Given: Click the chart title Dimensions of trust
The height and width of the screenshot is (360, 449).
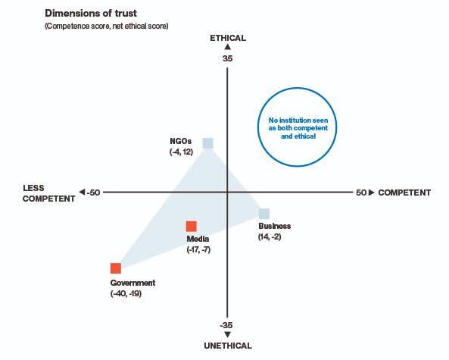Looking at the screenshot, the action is click(x=91, y=13).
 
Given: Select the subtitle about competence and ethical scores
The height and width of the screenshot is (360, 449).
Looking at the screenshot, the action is click(x=107, y=26).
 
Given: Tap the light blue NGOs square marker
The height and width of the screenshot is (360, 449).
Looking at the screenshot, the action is click(x=208, y=143).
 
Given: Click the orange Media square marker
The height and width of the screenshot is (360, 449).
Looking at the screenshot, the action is click(x=192, y=227).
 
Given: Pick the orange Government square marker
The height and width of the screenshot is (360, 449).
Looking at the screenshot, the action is click(x=116, y=268).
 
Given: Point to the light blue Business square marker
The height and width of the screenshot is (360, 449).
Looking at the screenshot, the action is click(x=264, y=214).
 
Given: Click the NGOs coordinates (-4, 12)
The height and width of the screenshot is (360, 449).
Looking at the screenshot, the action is click(x=181, y=152).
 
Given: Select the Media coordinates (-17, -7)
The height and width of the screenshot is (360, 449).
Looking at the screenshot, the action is click(x=198, y=249).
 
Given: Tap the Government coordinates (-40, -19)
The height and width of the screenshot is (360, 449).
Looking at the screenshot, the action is click(x=126, y=294).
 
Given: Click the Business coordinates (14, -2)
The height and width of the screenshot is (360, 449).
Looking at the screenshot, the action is click(x=270, y=236).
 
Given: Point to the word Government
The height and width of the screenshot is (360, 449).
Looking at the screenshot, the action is click(x=133, y=283).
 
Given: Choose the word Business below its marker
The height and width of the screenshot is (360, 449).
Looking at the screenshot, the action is click(x=274, y=226).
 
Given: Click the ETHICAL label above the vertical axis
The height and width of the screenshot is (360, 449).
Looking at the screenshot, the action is click(x=228, y=38).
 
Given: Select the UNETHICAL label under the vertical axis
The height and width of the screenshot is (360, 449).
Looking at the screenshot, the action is click(x=228, y=346).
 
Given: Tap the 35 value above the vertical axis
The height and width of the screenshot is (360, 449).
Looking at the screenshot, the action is click(x=228, y=58).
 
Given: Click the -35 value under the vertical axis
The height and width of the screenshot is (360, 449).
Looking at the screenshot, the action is click(x=226, y=325).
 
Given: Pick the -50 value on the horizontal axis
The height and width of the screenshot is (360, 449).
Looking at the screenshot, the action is click(x=93, y=193).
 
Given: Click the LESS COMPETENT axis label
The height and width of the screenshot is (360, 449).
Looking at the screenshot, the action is click(x=48, y=193).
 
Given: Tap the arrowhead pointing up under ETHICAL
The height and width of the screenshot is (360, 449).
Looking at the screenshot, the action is click(x=228, y=47).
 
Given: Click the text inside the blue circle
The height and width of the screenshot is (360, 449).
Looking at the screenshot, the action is click(x=298, y=128).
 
